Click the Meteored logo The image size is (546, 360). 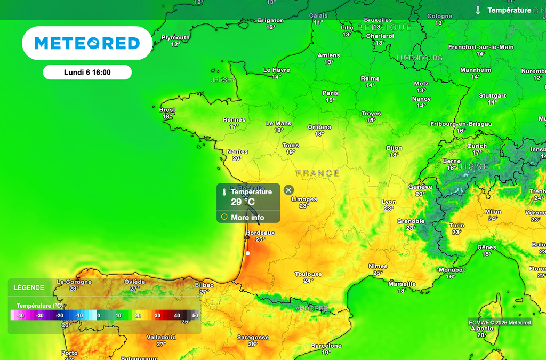[x=87, y=43]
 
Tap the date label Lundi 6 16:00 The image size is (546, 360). [x=87, y=73]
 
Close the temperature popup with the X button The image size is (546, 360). [x=288, y=190]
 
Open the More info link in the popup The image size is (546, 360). [x=247, y=217]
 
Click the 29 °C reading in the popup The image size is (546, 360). [x=243, y=202]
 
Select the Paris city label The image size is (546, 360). [x=331, y=93]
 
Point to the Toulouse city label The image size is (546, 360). [x=308, y=274]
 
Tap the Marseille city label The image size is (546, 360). [x=402, y=284]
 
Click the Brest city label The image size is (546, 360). [x=167, y=110]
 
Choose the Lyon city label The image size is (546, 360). [x=389, y=202]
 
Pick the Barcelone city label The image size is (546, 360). [x=326, y=346]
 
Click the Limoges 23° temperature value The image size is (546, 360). [x=304, y=206]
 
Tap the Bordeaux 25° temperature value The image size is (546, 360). [x=260, y=239]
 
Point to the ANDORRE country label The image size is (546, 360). [x=311, y=309]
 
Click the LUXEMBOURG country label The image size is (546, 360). [x=420, y=58]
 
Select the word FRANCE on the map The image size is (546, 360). [x=318, y=173]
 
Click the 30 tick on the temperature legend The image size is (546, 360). [x=157, y=315]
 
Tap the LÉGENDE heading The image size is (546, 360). [x=29, y=287]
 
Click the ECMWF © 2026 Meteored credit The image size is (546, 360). [x=500, y=322]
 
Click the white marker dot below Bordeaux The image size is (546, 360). [x=248, y=253]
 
